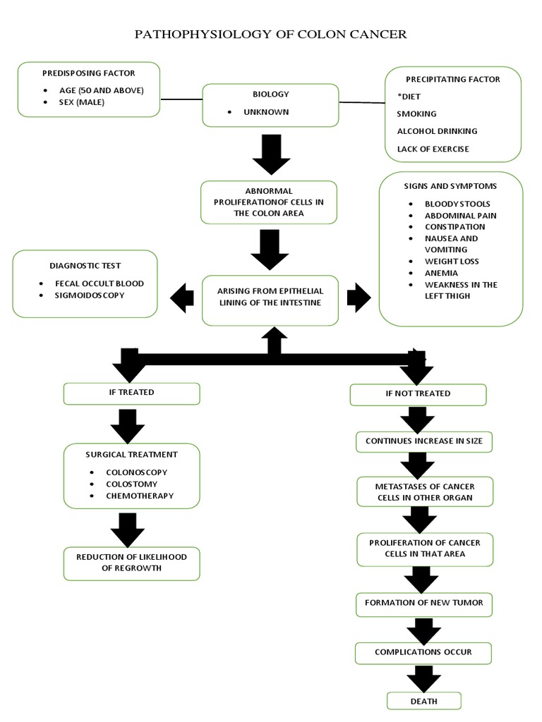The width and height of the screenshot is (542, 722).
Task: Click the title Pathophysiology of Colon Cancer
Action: coord(270,35)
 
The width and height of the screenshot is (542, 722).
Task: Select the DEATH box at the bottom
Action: coord(423,700)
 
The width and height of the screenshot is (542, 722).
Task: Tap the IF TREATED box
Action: coord(132,393)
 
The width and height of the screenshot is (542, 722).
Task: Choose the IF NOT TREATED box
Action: coord(418,393)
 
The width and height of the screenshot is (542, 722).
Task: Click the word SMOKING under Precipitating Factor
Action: coord(416,114)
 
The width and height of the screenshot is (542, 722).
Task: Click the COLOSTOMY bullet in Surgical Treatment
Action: coord(131,484)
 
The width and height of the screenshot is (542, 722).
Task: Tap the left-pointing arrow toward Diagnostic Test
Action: coord(183,298)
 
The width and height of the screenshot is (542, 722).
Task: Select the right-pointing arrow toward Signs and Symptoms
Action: coord(359,298)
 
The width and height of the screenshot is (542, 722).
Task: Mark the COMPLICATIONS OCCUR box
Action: coord(423,652)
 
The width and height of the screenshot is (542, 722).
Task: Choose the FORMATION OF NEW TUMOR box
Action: coord(423,604)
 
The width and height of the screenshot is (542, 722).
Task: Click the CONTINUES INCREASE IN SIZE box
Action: coord(423,441)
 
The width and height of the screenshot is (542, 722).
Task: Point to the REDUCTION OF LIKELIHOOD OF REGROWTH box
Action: coord(132,563)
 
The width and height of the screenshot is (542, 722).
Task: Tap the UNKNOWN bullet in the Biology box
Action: coord(266,112)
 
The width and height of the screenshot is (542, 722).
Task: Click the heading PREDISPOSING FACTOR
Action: coord(89,73)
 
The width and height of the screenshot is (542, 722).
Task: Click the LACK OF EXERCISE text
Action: coord(433,149)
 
